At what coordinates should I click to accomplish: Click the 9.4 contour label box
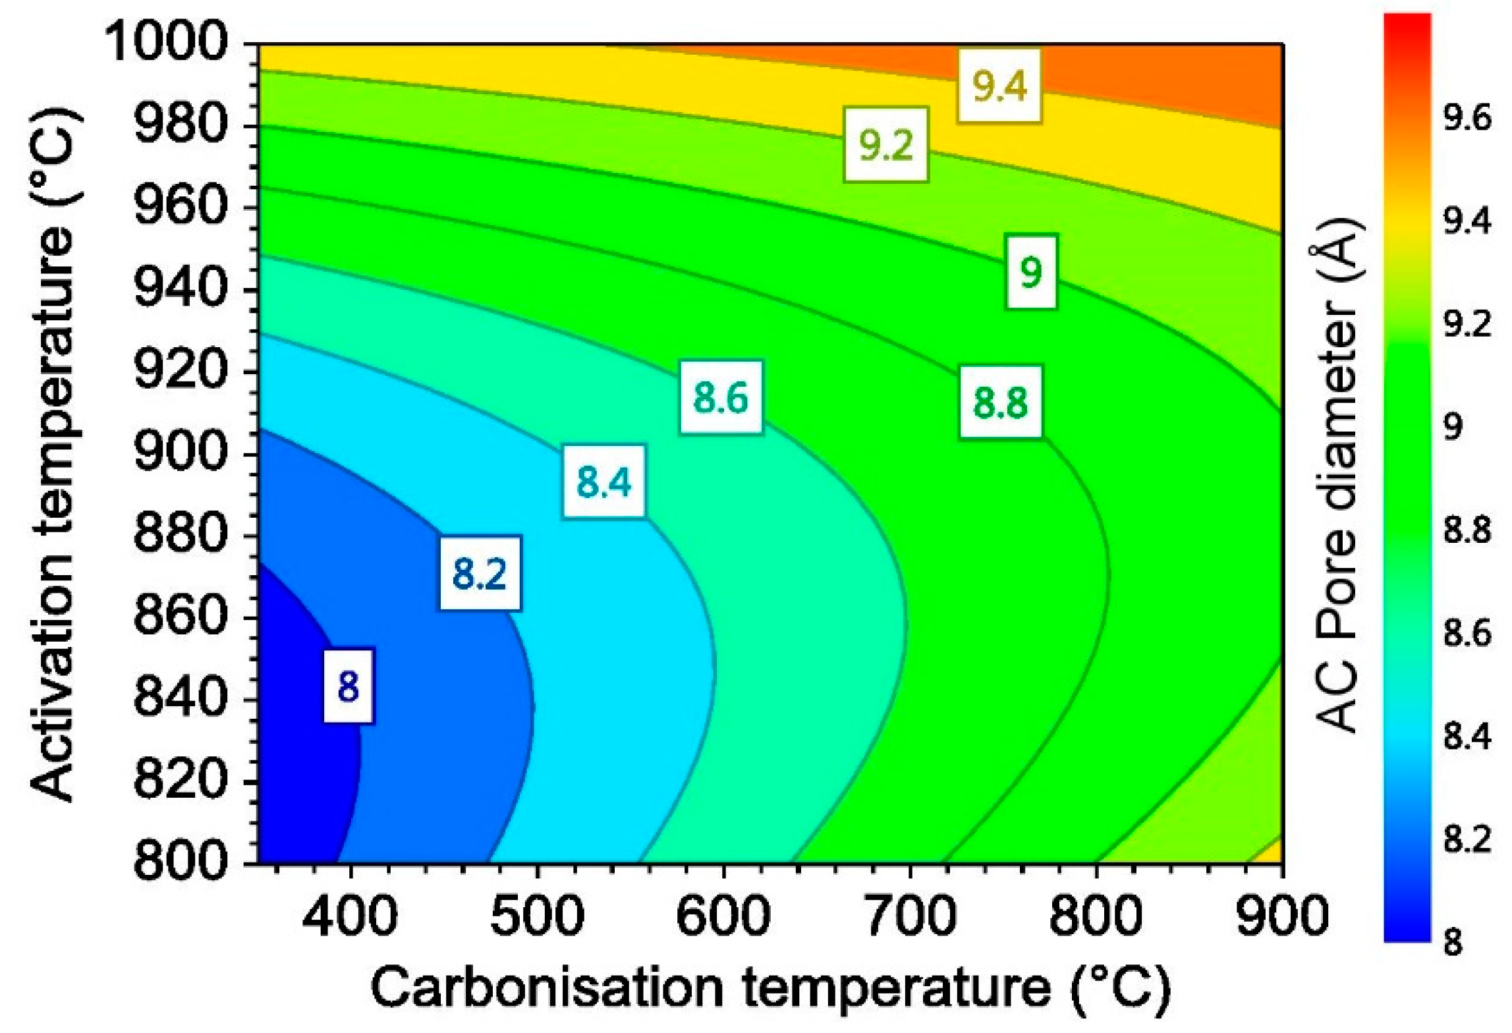pos(999,86)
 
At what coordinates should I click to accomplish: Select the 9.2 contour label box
pos(886,145)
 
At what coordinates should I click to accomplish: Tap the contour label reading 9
pos(1031,271)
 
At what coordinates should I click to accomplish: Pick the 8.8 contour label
pos(1000,402)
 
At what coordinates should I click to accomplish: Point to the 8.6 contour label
pos(721,397)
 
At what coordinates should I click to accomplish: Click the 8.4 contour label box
pos(603,481)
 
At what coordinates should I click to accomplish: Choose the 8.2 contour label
pos(480,573)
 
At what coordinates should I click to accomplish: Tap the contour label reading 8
pos(348,686)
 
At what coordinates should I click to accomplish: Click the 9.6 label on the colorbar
pos(1467,119)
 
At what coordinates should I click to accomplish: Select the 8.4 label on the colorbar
pos(1467,736)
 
